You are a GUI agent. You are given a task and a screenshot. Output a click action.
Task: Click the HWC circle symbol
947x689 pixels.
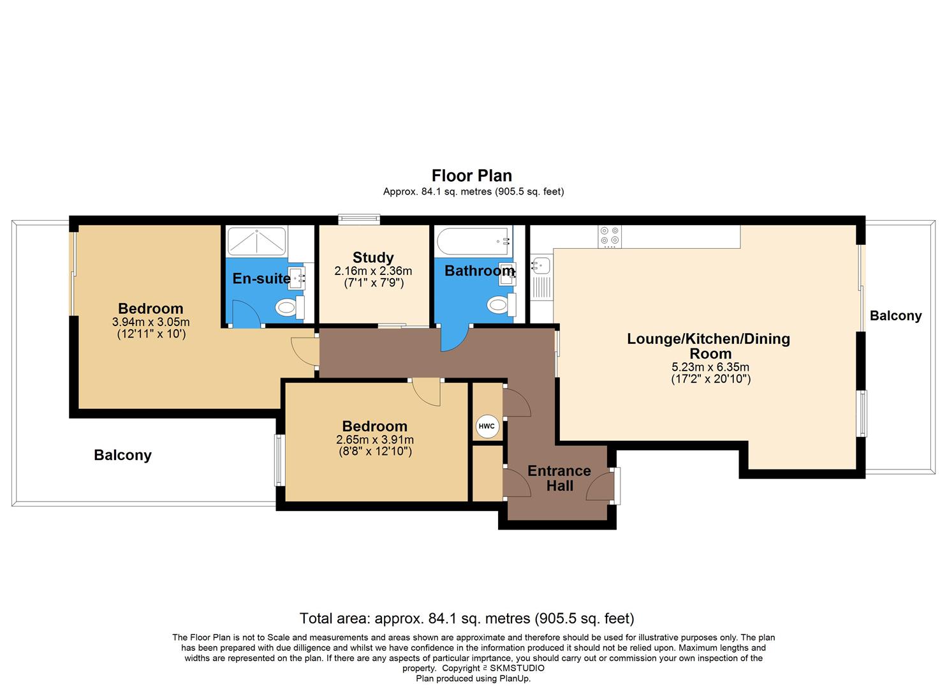pyautogui.click(x=487, y=426)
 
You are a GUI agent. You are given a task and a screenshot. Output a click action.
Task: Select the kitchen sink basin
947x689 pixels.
pyautogui.click(x=542, y=264)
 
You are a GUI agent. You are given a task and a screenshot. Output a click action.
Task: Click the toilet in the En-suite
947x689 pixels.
pyautogui.click(x=288, y=308)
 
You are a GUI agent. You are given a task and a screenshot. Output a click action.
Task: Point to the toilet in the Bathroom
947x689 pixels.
pyautogui.click(x=498, y=306)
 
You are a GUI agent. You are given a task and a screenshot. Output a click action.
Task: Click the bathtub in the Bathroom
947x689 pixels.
pyautogui.click(x=473, y=241)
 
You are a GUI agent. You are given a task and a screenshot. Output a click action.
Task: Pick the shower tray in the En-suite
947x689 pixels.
pyautogui.click(x=256, y=241)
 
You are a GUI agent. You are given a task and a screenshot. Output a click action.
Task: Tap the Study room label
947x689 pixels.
pyautogui.click(x=373, y=258)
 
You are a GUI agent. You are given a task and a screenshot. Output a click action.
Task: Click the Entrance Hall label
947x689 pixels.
pyautogui.click(x=559, y=478)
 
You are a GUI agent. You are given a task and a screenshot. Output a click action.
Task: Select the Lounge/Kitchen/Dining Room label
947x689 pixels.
pyautogui.click(x=708, y=346)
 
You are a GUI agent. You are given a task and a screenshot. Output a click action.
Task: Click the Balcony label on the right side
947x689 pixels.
pyautogui.click(x=895, y=316)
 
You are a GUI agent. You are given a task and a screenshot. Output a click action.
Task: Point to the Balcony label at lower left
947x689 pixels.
pyautogui.click(x=122, y=455)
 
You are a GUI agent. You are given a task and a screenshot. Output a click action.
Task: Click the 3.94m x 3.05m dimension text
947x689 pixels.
pyautogui.click(x=151, y=322)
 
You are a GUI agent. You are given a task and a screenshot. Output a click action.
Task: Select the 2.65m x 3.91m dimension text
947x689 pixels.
pyautogui.click(x=374, y=440)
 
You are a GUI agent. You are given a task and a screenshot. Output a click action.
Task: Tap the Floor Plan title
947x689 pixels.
pyautogui.click(x=472, y=175)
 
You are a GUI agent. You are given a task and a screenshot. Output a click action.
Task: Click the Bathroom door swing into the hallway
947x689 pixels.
pyautogui.click(x=453, y=338)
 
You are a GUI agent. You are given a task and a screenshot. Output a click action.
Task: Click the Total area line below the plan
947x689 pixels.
pyautogui.click(x=467, y=618)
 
